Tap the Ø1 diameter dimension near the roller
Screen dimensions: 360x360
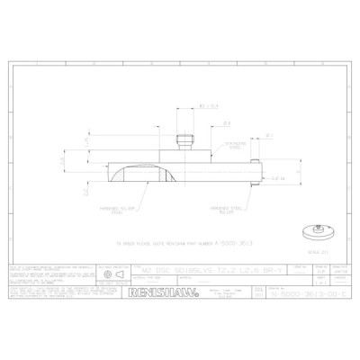pos(269,137)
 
